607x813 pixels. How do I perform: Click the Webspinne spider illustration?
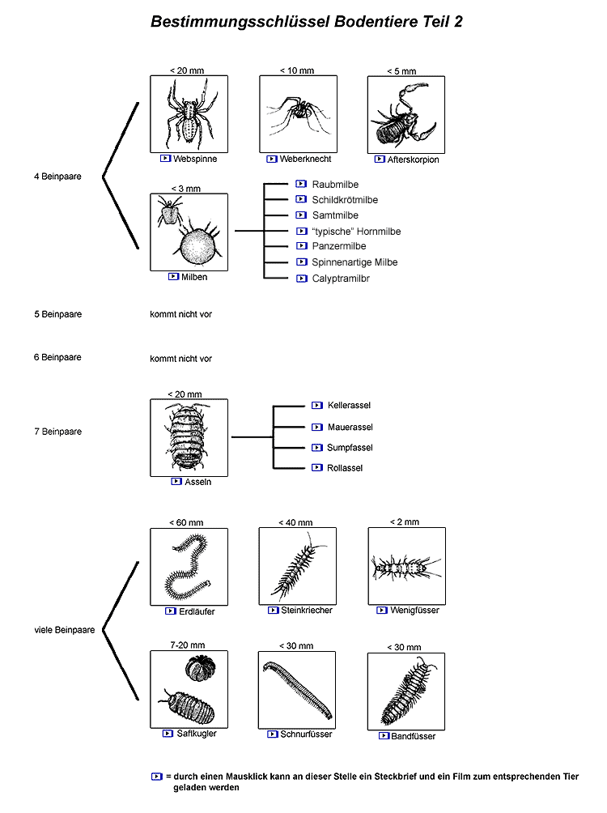189,113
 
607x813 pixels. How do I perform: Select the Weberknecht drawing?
298,113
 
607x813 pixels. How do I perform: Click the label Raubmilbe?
334,185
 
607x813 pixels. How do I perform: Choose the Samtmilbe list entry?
334,215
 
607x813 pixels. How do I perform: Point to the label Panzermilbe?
338,246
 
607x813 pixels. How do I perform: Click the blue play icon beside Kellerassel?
317,405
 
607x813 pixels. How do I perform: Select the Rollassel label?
345,468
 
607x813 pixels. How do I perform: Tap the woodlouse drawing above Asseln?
189,437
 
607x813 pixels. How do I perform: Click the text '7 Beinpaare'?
57,432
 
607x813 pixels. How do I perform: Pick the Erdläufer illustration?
189,566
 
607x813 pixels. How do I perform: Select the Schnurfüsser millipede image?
297,689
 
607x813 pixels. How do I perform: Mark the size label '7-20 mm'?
188,645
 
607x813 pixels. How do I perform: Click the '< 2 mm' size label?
404,522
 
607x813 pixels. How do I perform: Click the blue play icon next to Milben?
173,276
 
